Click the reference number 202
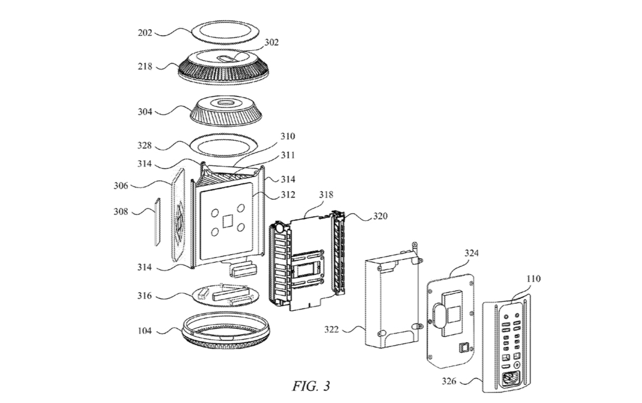(145, 33)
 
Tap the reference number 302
(271, 43)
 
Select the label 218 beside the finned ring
(145, 66)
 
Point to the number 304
(145, 112)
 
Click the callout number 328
(145, 145)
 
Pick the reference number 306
(121, 186)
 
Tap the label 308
(121, 212)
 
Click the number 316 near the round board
(145, 296)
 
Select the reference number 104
(145, 331)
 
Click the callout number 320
(380, 216)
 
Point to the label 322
(332, 329)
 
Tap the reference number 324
(471, 253)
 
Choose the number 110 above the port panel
(533, 279)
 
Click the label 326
(449, 381)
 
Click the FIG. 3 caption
(311, 386)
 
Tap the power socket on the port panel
(510, 379)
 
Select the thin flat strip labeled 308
(157, 221)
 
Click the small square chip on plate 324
(464, 348)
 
